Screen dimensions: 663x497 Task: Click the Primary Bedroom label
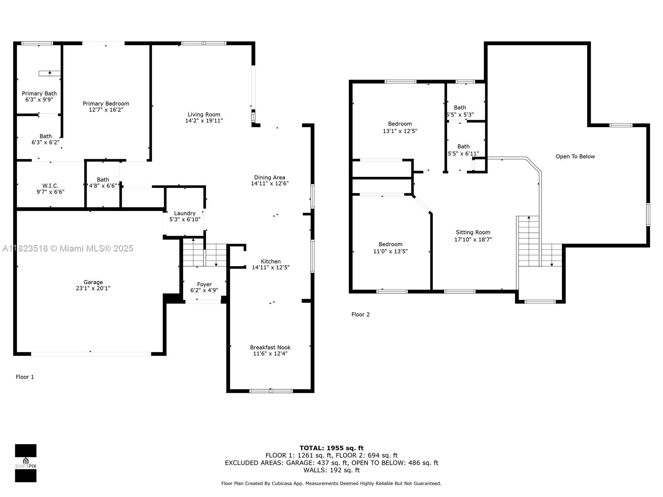(x=106, y=104)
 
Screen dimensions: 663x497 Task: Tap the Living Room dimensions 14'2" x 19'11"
(x=204, y=121)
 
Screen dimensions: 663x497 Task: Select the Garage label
(x=93, y=282)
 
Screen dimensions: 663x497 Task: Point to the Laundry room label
(x=184, y=213)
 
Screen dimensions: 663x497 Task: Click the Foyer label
(x=204, y=284)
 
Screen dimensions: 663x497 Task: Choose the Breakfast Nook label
(x=270, y=347)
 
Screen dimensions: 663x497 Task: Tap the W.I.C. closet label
(x=50, y=186)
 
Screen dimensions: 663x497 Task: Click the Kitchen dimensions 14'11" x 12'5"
(x=271, y=268)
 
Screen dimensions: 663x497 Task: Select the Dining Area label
(x=269, y=177)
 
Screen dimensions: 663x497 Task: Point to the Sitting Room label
(x=473, y=232)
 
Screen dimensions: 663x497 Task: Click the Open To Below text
(x=575, y=156)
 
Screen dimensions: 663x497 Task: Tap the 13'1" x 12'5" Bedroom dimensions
(x=400, y=131)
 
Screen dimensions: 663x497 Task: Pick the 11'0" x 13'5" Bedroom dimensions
(x=390, y=251)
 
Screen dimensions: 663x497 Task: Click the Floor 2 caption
(x=361, y=314)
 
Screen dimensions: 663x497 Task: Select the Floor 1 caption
(x=25, y=377)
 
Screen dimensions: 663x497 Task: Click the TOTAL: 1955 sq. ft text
(x=331, y=448)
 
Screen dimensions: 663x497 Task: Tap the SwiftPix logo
(x=26, y=463)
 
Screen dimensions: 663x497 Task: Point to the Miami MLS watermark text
(x=68, y=248)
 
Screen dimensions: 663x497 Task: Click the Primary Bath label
(x=39, y=94)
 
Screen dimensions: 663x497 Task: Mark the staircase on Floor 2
(x=539, y=241)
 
